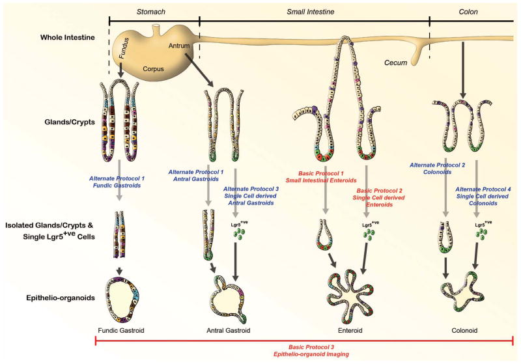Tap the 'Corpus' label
(x=154, y=67)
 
